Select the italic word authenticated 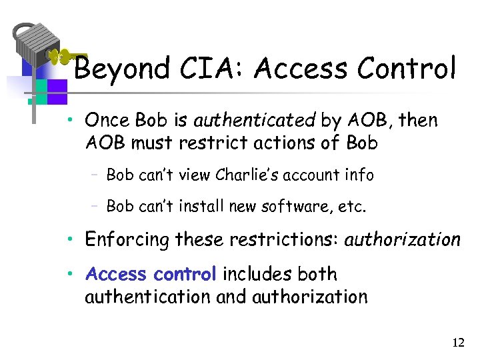click(254, 121)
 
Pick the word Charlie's click(249, 175)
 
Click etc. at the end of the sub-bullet click(353, 206)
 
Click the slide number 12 click(457, 343)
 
